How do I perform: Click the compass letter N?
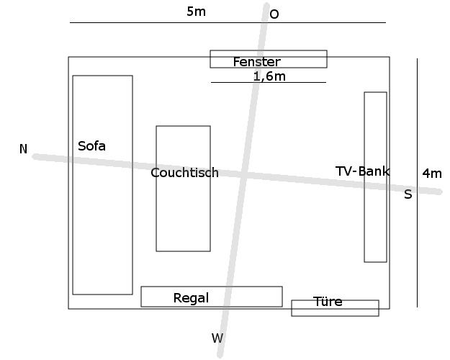pyautogui.click(x=23, y=149)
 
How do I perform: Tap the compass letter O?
pyautogui.click(x=274, y=14)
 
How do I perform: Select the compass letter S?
pyautogui.click(x=408, y=194)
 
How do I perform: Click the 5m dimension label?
pyautogui.click(x=196, y=12)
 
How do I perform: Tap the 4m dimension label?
pyautogui.click(x=432, y=173)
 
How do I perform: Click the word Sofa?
pyautogui.click(x=91, y=146)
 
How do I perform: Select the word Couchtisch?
pyautogui.click(x=184, y=173)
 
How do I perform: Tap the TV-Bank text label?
pyautogui.click(x=362, y=171)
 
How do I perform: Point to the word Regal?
pyautogui.click(x=191, y=298)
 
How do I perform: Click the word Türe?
pyautogui.click(x=328, y=302)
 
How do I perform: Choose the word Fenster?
pyautogui.click(x=256, y=62)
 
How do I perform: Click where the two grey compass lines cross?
pyautogui.click(x=245, y=175)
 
